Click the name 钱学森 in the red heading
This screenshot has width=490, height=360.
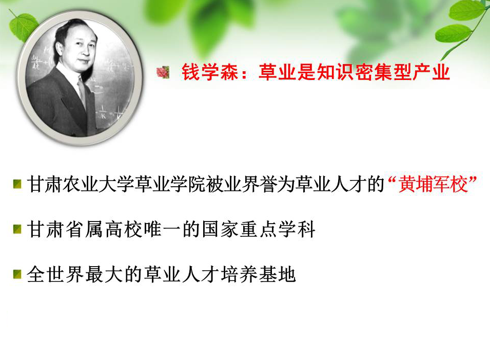(210, 72)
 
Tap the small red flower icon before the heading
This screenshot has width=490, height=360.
(163, 72)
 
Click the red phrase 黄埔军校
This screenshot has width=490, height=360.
(433, 184)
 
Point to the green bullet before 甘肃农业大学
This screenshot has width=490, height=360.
(17, 184)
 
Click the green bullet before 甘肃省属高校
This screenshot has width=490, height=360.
(17, 229)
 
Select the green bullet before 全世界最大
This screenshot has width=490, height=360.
(17, 274)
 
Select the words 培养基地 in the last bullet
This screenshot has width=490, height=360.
(258, 274)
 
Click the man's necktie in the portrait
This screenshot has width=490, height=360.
(83, 92)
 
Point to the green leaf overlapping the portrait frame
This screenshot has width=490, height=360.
(24, 27)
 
